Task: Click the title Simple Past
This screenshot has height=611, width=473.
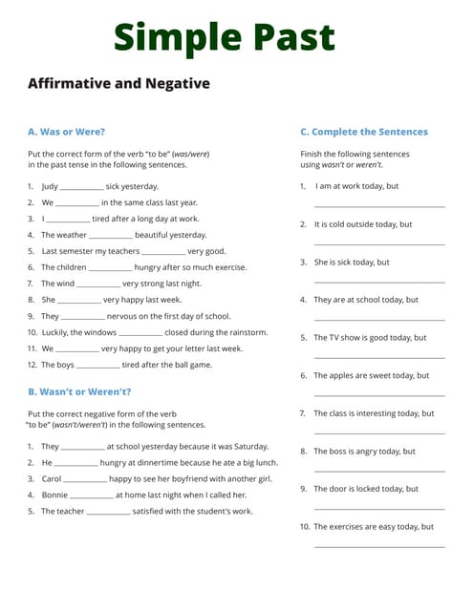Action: point(225,37)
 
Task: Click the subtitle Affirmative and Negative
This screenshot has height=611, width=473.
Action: point(118,84)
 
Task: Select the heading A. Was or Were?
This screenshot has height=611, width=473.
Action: point(66,132)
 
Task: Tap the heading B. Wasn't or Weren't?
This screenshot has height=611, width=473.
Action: point(79,391)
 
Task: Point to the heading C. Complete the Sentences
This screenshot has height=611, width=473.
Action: point(364,132)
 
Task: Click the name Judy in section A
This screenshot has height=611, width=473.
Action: point(50,186)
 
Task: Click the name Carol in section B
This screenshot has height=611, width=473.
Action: point(52,478)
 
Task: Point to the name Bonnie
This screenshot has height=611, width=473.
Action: point(54,495)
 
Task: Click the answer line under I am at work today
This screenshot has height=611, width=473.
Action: point(379,206)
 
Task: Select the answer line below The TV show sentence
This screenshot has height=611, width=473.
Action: point(379,358)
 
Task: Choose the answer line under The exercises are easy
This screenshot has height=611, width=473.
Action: point(379,547)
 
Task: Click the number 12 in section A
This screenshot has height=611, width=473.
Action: point(32,365)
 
